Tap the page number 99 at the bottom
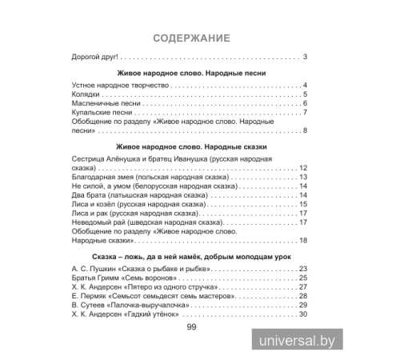[x=190, y=327]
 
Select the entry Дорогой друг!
[x=95, y=56]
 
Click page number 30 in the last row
[x=303, y=314]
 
